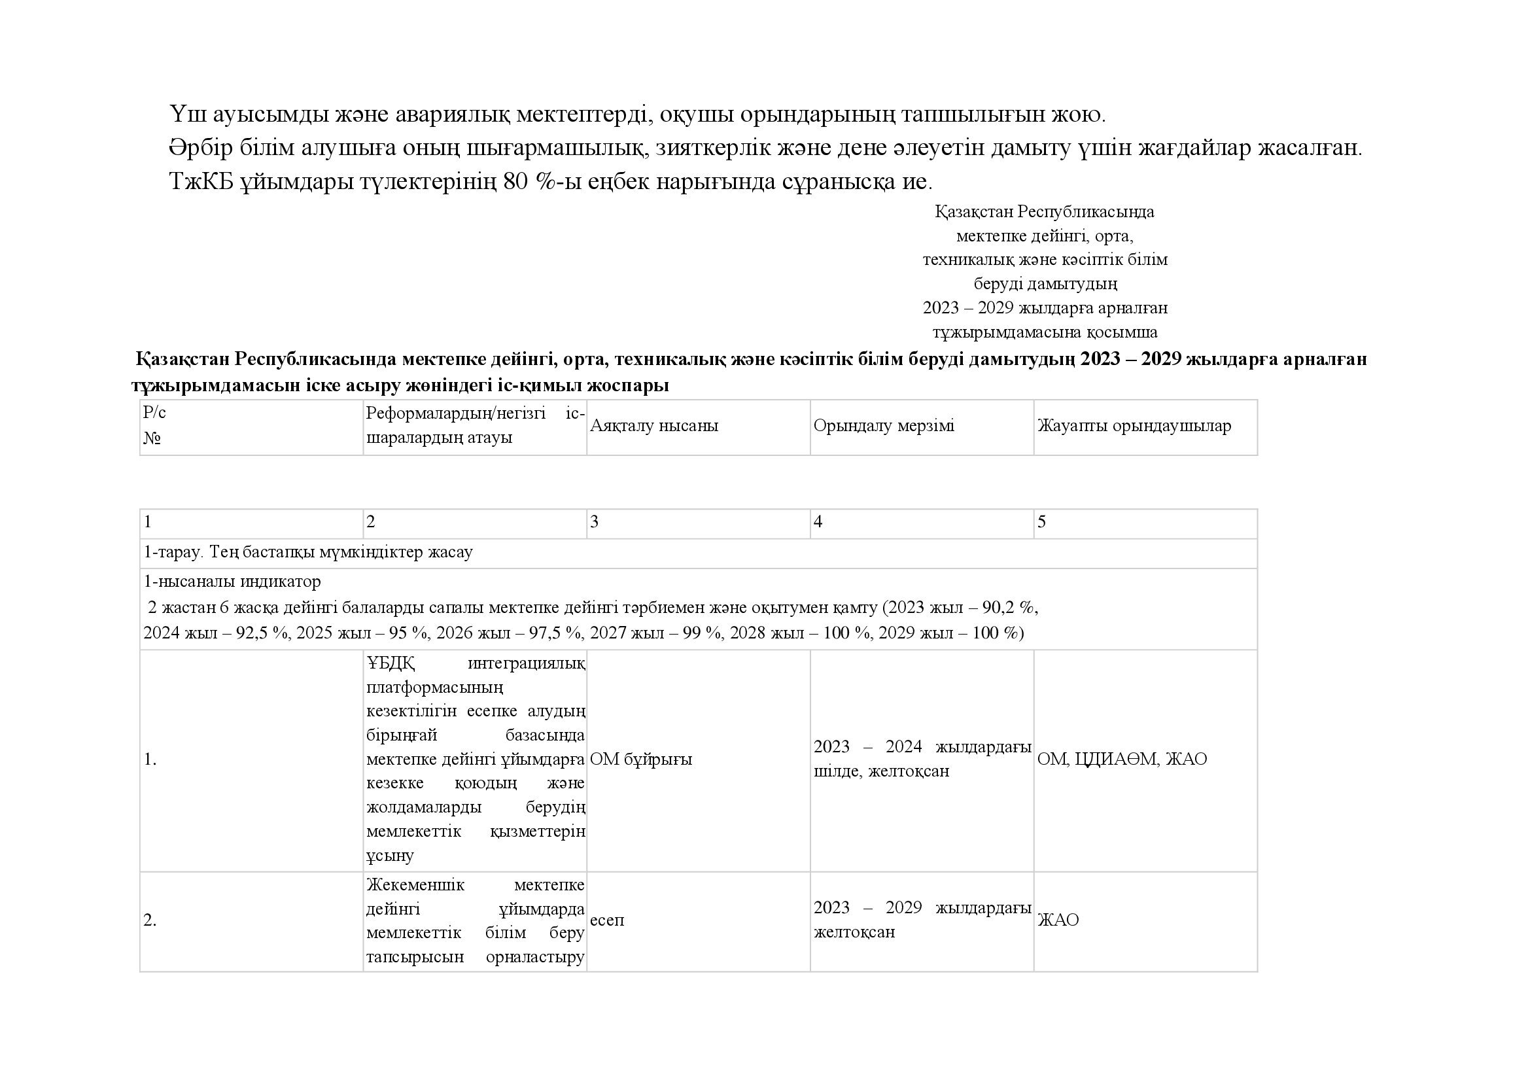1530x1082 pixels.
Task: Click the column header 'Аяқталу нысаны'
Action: coord(653,426)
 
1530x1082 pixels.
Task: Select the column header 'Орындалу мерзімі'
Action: coord(884,426)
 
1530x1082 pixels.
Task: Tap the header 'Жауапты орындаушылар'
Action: coord(1134,426)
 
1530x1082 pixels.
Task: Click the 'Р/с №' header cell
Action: coord(154,426)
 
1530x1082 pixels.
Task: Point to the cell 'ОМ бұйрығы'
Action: coord(641,759)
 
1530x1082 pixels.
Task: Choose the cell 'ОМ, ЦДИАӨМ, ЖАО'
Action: coord(1122,759)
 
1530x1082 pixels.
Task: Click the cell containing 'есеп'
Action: coord(607,920)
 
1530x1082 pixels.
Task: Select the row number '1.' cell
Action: coord(150,759)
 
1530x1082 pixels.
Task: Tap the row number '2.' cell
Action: coord(150,920)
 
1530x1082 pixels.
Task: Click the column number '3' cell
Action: coord(595,521)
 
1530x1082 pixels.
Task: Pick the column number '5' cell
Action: coord(1041,521)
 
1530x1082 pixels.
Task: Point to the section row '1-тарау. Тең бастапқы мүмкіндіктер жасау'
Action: coord(308,552)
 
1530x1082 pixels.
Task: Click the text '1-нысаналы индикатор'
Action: coord(232,582)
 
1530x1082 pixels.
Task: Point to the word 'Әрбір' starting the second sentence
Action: coord(201,148)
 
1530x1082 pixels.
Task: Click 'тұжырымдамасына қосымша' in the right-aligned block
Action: coord(1045,332)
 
